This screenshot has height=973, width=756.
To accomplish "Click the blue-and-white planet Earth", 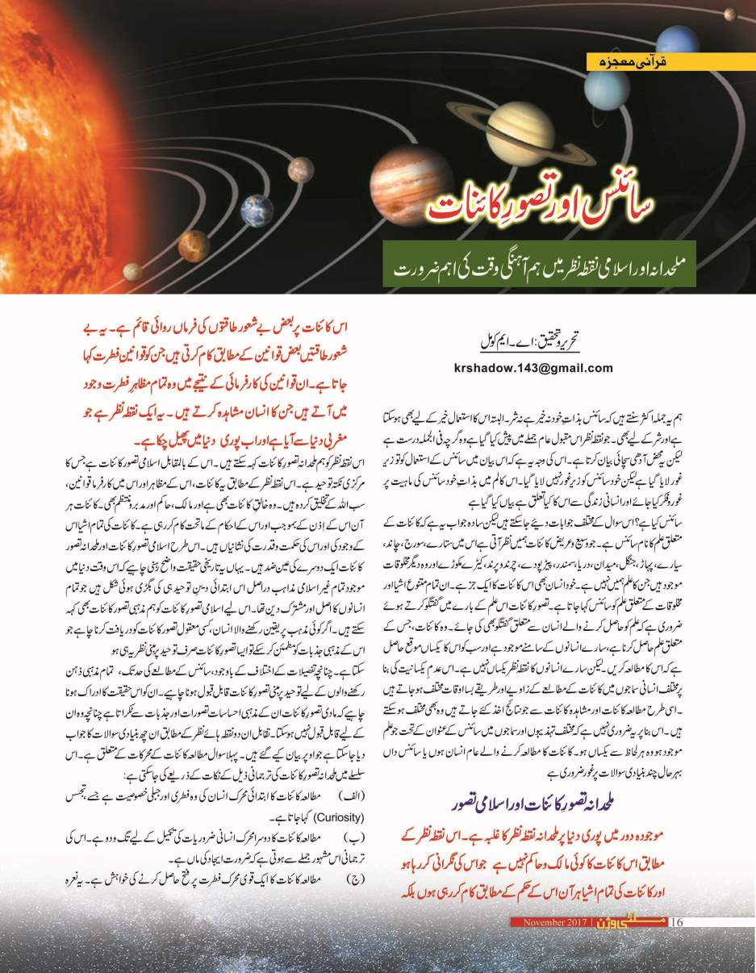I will pos(257,210).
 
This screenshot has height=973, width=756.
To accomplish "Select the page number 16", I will pos(676,922).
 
